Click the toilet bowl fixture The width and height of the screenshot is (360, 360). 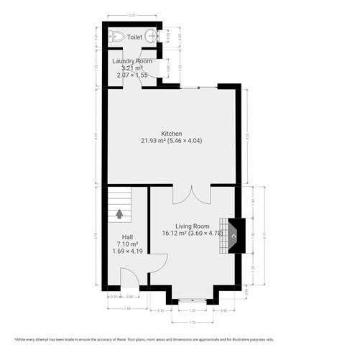116,36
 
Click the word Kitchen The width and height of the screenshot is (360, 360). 171,134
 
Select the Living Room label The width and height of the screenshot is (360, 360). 192,226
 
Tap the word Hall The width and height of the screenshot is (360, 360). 126,237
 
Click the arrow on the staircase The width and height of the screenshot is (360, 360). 119,213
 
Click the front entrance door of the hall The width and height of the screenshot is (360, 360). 129,280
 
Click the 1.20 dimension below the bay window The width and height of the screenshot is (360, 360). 191,310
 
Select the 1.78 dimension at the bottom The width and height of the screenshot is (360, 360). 191,320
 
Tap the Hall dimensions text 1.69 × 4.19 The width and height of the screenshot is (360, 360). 126,251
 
